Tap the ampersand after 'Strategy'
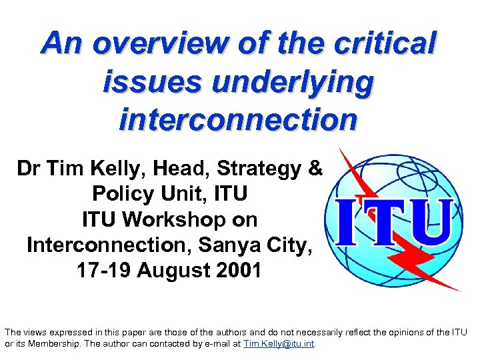315,169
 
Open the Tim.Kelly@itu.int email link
278,344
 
